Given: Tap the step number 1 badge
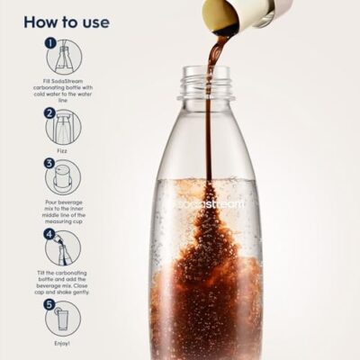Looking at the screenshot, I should click(x=50, y=42).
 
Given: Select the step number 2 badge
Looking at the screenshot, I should click(x=50, y=113).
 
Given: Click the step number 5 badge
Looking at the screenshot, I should click(x=50, y=303).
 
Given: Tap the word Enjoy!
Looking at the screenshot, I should click(x=63, y=343).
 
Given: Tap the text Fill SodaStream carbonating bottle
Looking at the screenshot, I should click(x=63, y=91).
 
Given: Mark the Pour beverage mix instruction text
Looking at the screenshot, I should click(x=63, y=211).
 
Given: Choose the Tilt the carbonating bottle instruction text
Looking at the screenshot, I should click(x=63, y=282).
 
